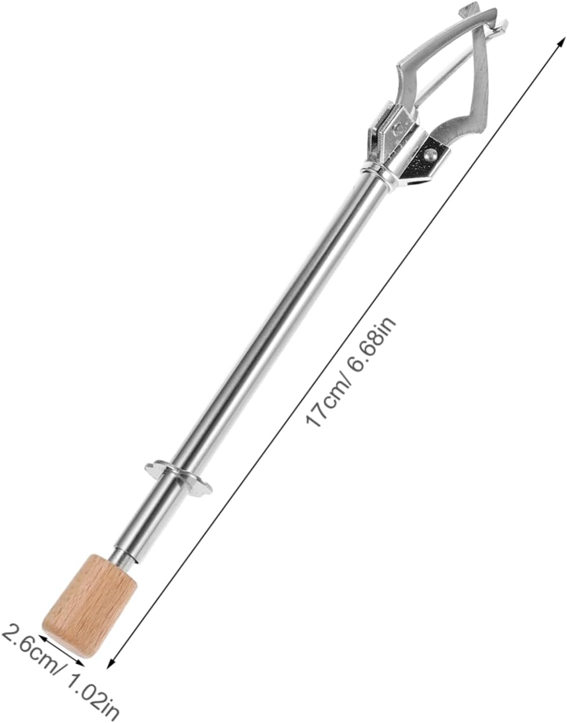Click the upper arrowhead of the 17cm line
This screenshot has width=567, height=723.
(557, 49)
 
